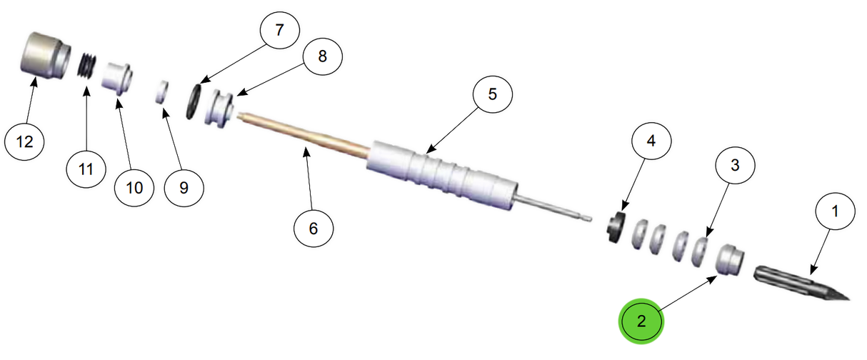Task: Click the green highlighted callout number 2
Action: coord(641,321)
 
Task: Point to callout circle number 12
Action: coord(25,141)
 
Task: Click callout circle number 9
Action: coord(183,188)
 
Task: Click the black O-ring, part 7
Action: coord(194,101)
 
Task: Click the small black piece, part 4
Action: coord(615,228)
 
